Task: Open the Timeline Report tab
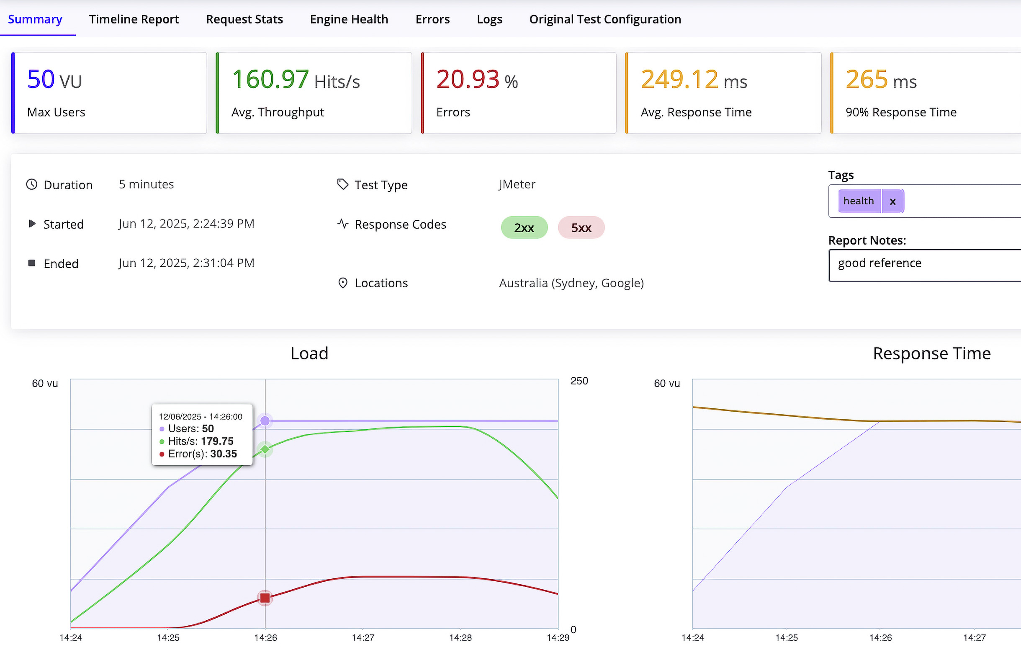pos(134,20)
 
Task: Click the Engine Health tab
pos(349,20)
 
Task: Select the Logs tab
pos(489,20)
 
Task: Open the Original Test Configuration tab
pos(604,20)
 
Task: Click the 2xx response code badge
pos(524,228)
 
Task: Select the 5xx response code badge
pos(581,228)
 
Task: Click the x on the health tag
pos(892,201)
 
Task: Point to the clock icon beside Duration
pos(32,185)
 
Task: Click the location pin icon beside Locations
pos(342,283)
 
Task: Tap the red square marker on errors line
pos(265,598)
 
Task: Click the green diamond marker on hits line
pos(265,449)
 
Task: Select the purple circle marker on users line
pos(265,420)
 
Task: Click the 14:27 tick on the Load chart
pos(363,637)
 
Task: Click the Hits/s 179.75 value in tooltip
pos(217,441)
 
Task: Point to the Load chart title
pos(309,353)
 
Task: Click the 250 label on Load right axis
pos(579,381)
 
